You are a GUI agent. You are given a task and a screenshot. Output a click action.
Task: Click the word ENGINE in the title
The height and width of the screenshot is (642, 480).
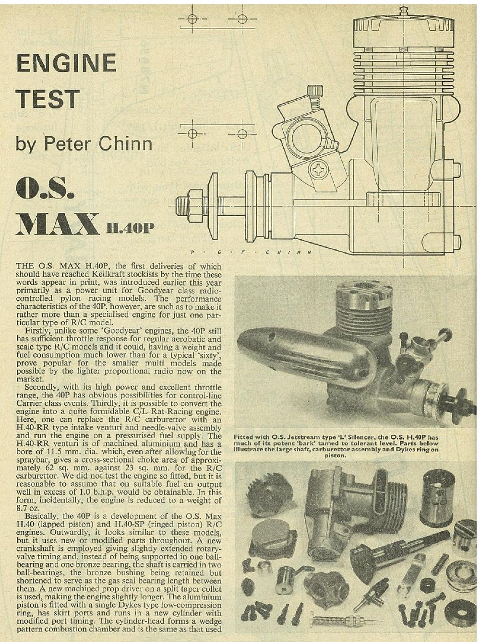pos(67,63)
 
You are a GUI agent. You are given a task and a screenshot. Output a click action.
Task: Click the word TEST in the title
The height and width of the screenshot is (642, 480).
pos(47,99)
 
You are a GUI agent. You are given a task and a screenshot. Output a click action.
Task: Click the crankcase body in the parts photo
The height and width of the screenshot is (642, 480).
pos(326,503)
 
